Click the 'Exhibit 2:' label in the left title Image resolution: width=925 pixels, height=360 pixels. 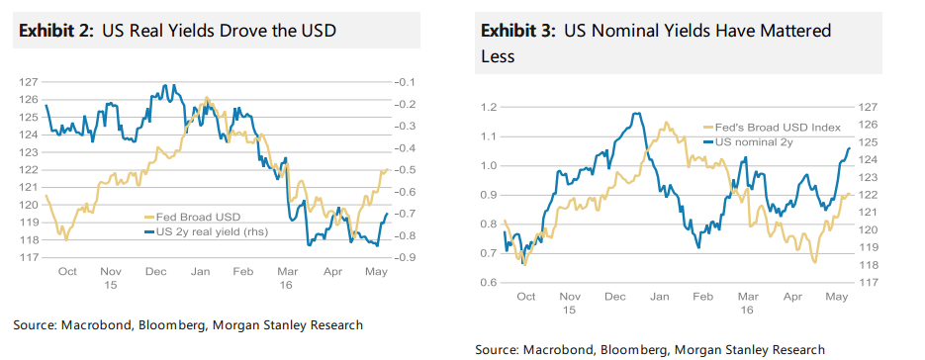[x=54, y=32]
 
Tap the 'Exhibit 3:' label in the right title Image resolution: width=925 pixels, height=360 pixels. [x=517, y=32]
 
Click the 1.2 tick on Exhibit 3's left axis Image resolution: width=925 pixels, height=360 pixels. [x=487, y=107]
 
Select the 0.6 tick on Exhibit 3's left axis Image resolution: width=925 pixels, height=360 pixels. [x=487, y=283]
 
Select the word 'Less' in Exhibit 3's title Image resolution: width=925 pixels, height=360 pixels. [x=498, y=57]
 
